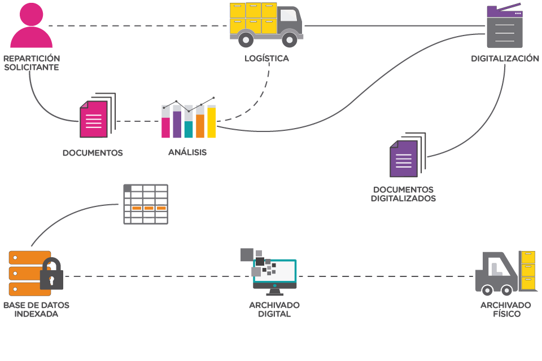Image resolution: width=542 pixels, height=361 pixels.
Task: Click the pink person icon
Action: click(31, 27)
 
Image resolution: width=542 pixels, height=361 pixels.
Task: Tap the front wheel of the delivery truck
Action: click(290, 39)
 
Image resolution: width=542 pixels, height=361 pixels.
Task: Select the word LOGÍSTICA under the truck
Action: click(266, 59)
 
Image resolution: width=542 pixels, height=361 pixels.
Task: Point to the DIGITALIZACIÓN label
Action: click(505, 59)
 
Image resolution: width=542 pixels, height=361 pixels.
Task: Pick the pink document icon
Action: click(93, 119)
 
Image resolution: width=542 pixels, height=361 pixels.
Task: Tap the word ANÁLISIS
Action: click(187, 152)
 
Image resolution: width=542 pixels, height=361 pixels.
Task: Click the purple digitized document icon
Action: click(404, 158)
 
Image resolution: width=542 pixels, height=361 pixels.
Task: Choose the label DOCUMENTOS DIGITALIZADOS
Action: click(403, 194)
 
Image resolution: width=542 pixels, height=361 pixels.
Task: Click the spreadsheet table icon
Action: click(146, 204)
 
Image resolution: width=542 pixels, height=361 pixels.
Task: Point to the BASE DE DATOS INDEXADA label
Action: click(36, 309)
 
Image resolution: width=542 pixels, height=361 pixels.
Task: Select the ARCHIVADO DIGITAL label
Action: click(274, 309)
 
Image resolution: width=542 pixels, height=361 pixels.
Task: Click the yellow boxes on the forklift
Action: click(528, 271)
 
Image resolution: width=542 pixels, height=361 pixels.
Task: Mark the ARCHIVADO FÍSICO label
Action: click(506, 309)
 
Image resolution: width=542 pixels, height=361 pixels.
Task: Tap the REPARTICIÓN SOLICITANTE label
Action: click(31, 63)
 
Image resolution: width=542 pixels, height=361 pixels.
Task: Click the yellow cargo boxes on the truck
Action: click(253, 17)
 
